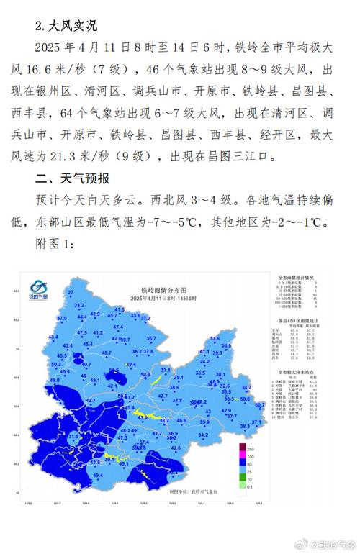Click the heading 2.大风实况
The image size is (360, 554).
point(66,26)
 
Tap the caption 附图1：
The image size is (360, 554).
point(55,245)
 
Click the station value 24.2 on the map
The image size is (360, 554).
point(204,361)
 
